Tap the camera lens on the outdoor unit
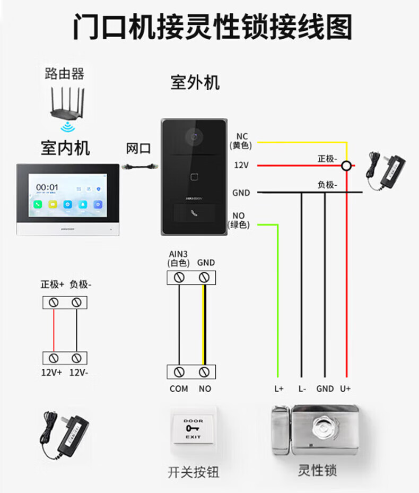194,137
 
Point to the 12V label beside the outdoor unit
241,166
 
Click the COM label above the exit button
179,388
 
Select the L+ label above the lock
279,388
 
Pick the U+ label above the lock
345,388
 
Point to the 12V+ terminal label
51,372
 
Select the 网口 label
138,149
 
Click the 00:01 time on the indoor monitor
47,187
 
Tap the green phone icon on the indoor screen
38,204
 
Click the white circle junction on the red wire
346,166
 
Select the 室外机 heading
195,82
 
